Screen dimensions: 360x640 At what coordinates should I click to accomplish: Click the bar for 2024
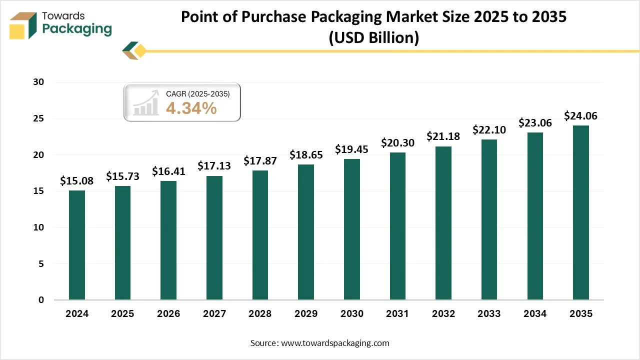[x=76, y=245]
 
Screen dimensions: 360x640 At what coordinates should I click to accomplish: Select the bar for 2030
[x=351, y=229]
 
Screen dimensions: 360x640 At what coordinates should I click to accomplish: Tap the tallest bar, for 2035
[x=580, y=212]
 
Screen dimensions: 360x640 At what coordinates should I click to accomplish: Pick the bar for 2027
[x=214, y=238]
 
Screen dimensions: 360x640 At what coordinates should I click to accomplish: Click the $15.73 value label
[x=122, y=176]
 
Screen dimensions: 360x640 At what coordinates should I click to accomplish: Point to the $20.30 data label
[x=397, y=143]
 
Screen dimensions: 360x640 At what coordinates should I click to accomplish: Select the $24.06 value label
[x=580, y=116]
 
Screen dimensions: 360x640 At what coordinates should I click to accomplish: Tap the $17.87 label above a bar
[x=260, y=161]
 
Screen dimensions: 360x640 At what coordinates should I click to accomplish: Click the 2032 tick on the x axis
[x=443, y=314]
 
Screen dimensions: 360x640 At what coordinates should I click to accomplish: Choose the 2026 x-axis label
[x=168, y=314]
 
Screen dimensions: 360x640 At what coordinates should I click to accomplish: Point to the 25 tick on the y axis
[x=40, y=118]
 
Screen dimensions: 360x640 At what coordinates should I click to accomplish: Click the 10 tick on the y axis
[x=40, y=227]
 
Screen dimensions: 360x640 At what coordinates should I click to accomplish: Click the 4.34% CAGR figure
[x=191, y=108]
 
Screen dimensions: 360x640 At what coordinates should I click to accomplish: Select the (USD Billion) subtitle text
[x=373, y=38]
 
